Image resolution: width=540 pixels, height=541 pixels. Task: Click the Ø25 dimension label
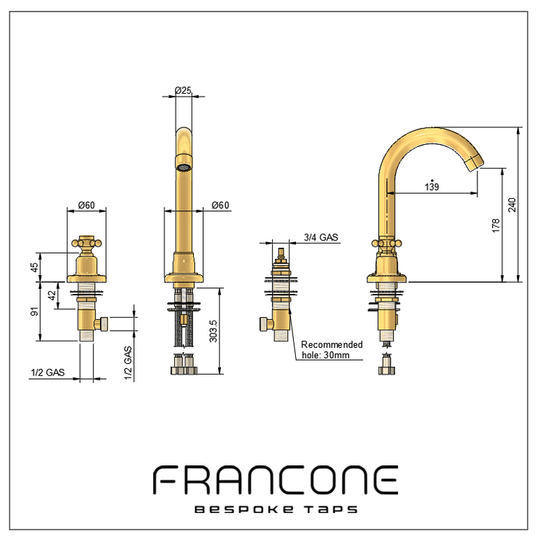tap(183, 90)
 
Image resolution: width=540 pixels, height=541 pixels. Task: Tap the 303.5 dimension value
tap(213, 331)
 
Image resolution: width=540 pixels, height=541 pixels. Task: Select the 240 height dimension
tap(512, 205)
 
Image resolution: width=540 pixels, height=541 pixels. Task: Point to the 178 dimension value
tap(495, 225)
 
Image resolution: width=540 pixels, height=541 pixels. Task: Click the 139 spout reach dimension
tap(432, 187)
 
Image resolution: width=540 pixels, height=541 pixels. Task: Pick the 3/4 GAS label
tap(320, 238)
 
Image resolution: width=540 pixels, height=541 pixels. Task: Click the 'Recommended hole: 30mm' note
tap(332, 350)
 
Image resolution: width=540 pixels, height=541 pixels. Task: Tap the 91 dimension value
tap(35, 311)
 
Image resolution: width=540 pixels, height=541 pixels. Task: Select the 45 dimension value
tap(35, 267)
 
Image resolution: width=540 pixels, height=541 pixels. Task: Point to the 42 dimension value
tap(51, 295)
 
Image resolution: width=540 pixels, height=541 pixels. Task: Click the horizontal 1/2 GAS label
tap(48, 372)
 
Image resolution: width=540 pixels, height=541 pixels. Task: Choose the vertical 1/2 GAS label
tap(128, 363)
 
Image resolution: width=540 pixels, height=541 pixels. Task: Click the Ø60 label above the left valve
tap(86, 205)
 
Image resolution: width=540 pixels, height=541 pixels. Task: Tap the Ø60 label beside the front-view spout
tap(220, 205)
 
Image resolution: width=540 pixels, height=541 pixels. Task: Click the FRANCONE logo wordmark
tap(276, 480)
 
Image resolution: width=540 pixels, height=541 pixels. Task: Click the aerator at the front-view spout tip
tap(184, 167)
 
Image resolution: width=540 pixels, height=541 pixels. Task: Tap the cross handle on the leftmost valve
tap(86, 243)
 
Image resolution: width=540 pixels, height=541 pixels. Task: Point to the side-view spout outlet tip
tap(476, 164)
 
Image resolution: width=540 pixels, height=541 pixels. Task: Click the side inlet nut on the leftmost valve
tap(102, 323)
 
